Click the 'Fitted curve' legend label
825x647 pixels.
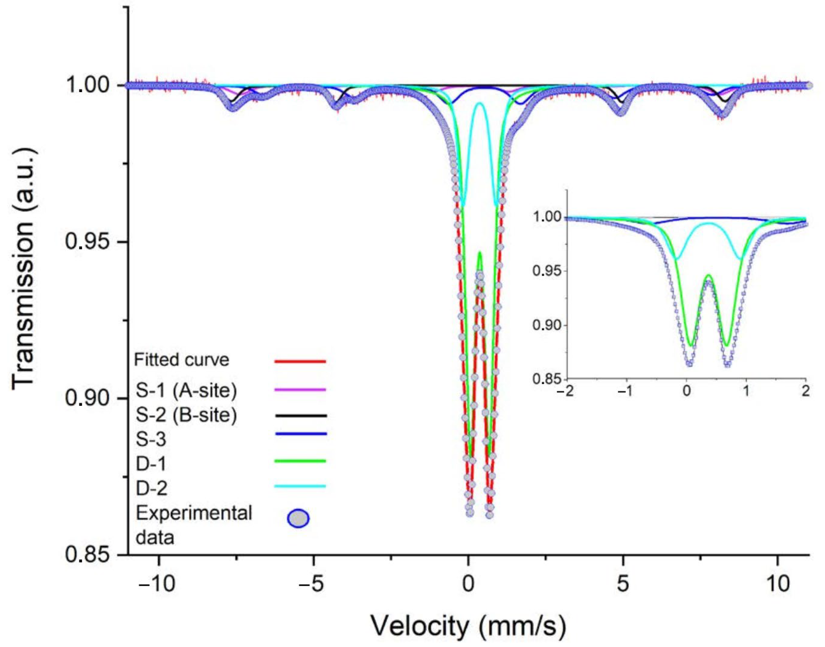pyautogui.click(x=181, y=360)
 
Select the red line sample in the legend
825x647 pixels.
pyautogui.click(x=300, y=361)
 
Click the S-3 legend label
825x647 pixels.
pyautogui.click(x=151, y=440)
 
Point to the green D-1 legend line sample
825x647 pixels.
pyautogui.click(x=300, y=461)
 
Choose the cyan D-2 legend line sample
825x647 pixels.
pyautogui.click(x=300, y=486)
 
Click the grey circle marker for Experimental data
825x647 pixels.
pyautogui.click(x=298, y=519)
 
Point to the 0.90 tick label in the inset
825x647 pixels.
pyautogui.click(x=547, y=326)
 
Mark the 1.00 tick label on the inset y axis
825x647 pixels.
pyautogui.click(x=547, y=217)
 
